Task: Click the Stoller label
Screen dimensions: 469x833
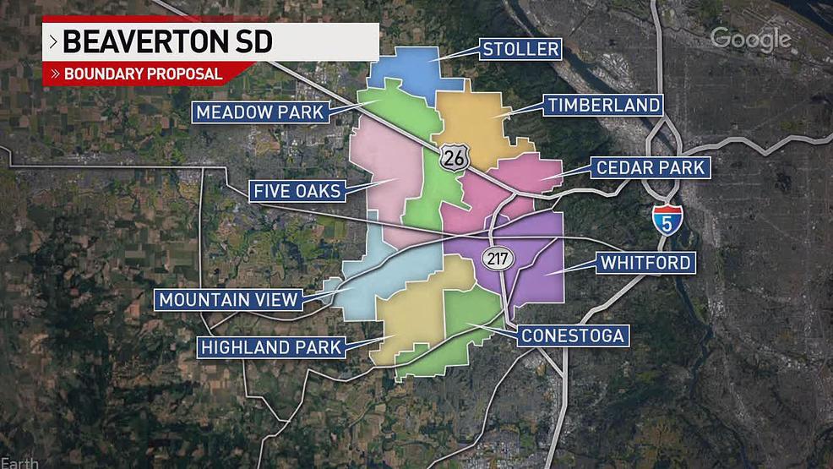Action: [520, 49]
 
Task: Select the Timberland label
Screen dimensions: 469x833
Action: [603, 105]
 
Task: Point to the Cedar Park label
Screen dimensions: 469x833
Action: [650, 167]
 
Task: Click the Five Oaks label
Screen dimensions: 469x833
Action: [296, 192]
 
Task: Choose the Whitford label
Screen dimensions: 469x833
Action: [646, 263]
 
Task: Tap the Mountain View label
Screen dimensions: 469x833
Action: [229, 299]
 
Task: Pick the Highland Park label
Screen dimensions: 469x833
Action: [270, 346]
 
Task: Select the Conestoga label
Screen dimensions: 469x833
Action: [572, 335]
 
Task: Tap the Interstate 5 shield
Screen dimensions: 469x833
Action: [667, 221]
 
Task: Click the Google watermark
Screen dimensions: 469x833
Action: [750, 39]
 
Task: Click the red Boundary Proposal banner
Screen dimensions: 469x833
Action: [135, 74]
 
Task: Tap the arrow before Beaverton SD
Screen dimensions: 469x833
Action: [53, 41]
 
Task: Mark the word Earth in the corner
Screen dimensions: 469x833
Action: [14, 463]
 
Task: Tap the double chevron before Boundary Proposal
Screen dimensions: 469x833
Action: [56, 74]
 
